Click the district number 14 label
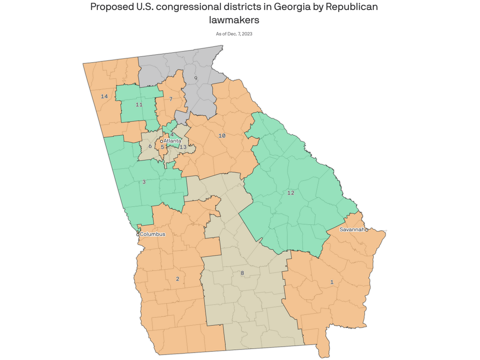[104, 96]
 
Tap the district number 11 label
[139, 105]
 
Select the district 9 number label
[196, 78]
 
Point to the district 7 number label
[171, 99]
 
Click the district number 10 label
[222, 136]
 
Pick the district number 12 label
[291, 193]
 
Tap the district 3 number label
[144, 182]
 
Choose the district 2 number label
[177, 279]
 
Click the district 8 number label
[242, 273]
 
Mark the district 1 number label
[332, 282]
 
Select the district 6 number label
[150, 146]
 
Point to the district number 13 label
[183, 147]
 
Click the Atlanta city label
[172, 141]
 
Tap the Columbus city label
[152, 234]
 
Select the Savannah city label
[352, 229]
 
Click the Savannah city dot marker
[366, 230]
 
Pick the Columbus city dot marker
[138, 234]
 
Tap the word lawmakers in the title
[234, 20]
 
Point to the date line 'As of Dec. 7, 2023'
[234, 34]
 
